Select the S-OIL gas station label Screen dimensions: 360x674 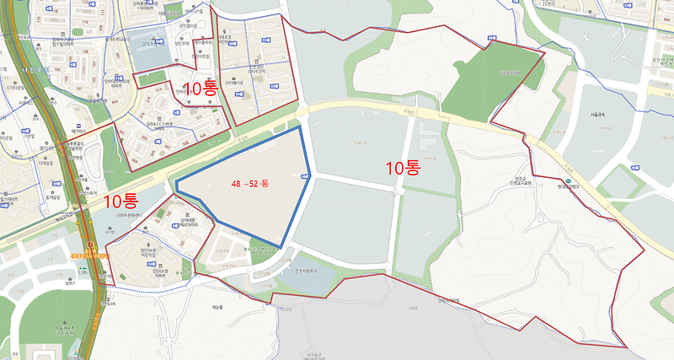point(84,272)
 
